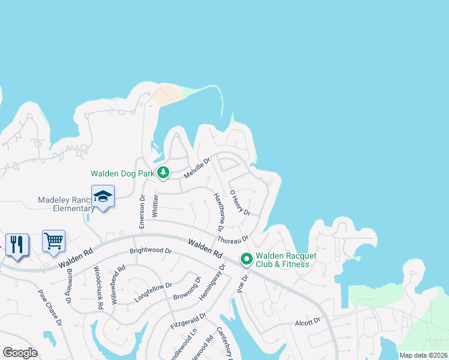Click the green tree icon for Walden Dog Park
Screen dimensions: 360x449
pos(163,173)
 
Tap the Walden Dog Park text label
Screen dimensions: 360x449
pos(122,173)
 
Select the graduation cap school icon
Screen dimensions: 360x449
pos(103,197)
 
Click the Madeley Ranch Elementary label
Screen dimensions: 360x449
pos(66,204)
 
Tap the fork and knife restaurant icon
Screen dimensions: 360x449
pos(16,244)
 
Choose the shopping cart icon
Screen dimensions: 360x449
pos(53,241)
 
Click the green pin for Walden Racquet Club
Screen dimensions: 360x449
pos(246,259)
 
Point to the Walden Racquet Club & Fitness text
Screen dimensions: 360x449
pos(282,259)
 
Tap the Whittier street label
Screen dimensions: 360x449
pos(155,206)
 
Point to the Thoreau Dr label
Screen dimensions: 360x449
pos(233,239)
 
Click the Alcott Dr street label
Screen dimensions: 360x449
pos(307,322)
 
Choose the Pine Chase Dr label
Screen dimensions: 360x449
pos(50,308)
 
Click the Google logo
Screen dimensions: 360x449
pos(20,353)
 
